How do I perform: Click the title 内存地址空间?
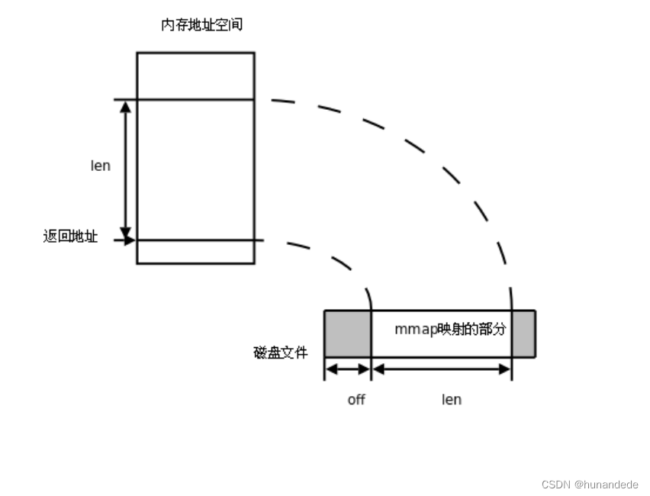pyautogui.click(x=201, y=25)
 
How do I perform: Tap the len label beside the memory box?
pyautogui.click(x=101, y=166)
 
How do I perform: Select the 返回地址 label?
pyautogui.click(x=70, y=237)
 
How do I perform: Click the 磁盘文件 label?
pyautogui.click(x=281, y=353)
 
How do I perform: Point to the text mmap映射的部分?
pyautogui.click(x=450, y=330)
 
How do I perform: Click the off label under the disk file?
pyautogui.click(x=356, y=399)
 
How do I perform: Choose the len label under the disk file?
pyautogui.click(x=452, y=399)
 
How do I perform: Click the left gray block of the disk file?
pyautogui.click(x=346, y=333)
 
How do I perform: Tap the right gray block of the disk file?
pyautogui.click(x=523, y=333)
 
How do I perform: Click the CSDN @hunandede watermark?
pyautogui.click(x=589, y=484)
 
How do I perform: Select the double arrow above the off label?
pyautogui.click(x=348, y=369)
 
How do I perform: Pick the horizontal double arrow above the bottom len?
pyautogui.click(x=441, y=369)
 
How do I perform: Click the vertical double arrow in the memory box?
pyautogui.click(x=127, y=169)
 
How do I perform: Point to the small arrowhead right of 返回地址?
pyautogui.click(x=130, y=240)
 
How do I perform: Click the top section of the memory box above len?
pyautogui.click(x=195, y=76)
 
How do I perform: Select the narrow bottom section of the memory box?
pyautogui.click(x=195, y=252)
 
